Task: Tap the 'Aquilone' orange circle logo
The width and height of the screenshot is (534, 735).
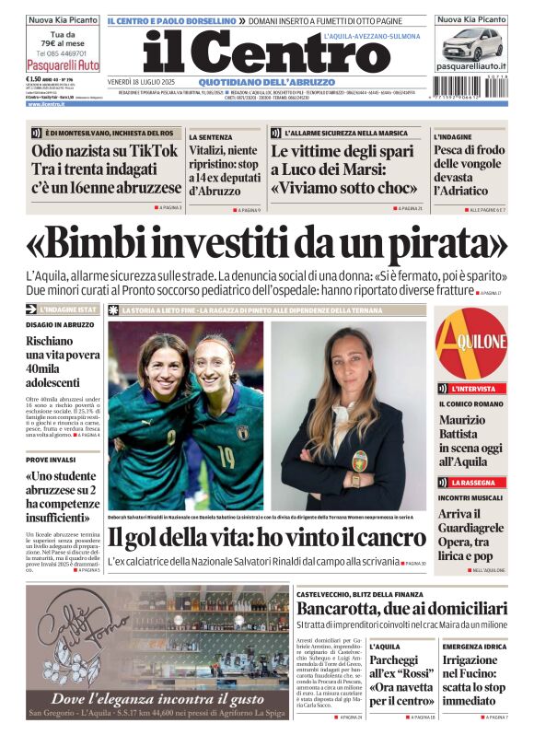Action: click(x=471, y=344)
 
